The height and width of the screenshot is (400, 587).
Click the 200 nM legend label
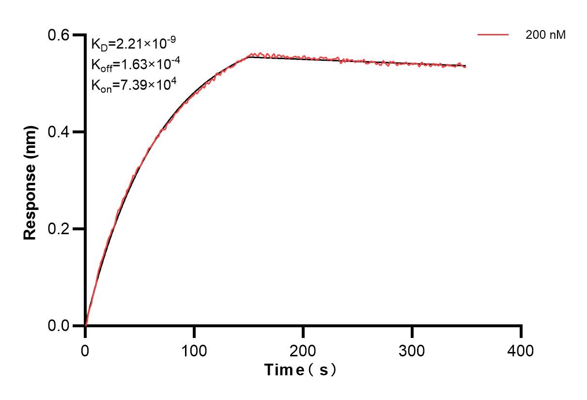(546, 35)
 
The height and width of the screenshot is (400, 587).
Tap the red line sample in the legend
(493, 35)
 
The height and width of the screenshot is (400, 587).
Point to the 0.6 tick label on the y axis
(59, 35)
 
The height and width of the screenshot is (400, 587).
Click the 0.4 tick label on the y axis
(59, 132)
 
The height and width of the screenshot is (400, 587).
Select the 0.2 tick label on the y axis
(59, 229)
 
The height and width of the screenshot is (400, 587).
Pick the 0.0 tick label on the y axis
(59, 325)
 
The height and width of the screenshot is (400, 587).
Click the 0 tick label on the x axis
(85, 350)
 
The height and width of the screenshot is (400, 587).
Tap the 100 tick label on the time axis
(194, 350)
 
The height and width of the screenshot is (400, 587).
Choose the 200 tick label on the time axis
(303, 350)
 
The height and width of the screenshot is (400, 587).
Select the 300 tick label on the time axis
(412, 350)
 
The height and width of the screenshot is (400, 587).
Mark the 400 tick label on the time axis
(521, 350)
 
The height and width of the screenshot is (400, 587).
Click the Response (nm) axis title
(30, 183)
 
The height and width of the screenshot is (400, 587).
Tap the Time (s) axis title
(300, 370)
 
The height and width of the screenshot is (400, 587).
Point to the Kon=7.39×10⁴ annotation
(133, 85)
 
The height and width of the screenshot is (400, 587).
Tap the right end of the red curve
(466, 66)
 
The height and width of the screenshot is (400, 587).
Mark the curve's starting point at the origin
(85, 325)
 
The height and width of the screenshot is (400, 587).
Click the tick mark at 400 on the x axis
(521, 332)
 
